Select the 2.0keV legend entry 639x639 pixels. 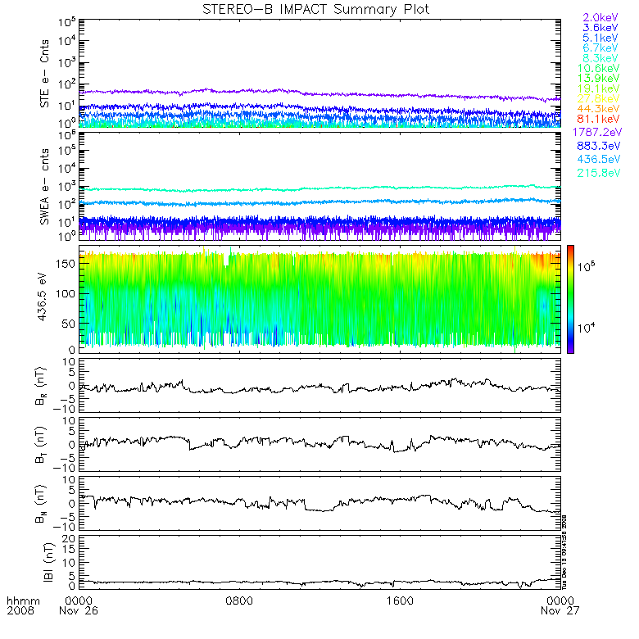600,17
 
